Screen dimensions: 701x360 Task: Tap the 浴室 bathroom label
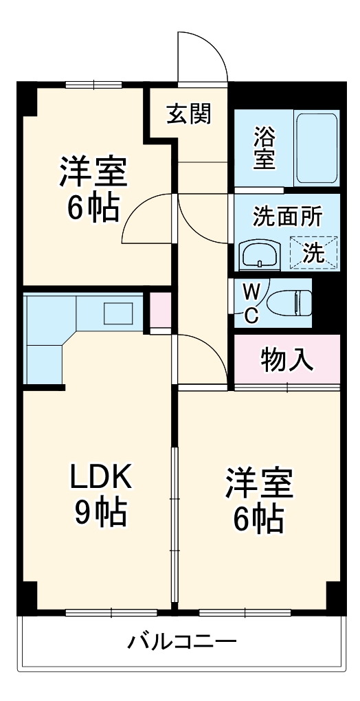[x=265, y=147]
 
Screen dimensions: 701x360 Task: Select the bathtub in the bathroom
[x=316, y=148]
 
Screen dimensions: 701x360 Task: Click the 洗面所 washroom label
[x=286, y=216]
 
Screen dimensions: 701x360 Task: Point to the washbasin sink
[x=258, y=255]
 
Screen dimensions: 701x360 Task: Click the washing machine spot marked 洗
[x=313, y=252]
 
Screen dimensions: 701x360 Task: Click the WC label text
[x=252, y=303]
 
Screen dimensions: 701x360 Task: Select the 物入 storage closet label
[x=286, y=359]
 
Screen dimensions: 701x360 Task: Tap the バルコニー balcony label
[x=182, y=643]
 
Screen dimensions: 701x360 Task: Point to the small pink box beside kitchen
[x=161, y=309]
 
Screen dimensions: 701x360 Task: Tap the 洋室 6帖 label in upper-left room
[x=93, y=188]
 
